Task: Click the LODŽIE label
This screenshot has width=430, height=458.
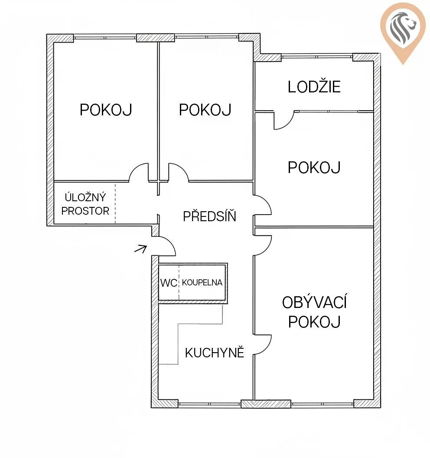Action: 314,87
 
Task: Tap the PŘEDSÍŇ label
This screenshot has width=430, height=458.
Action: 209,216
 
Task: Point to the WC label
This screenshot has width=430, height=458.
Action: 169,283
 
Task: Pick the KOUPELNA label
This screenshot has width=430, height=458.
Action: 202,282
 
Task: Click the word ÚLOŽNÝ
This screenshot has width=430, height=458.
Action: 85,197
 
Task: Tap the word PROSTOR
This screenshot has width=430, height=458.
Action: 85,211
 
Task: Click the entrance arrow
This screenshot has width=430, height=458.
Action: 140,249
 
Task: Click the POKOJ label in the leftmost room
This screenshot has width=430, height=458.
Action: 106,110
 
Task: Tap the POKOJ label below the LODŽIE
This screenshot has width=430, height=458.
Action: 314,167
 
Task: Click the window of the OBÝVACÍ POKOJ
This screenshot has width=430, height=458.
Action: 322,405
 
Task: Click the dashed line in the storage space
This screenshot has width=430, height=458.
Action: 115,203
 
